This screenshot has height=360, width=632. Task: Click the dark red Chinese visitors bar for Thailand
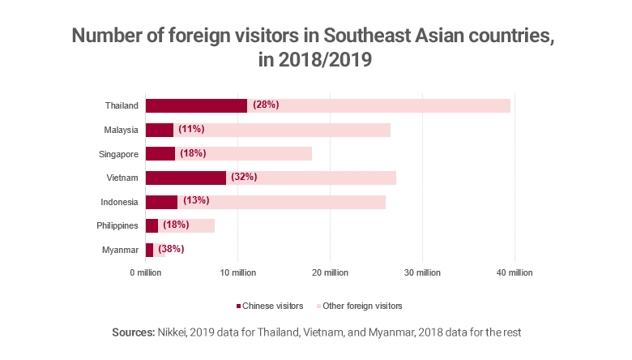(x=196, y=105)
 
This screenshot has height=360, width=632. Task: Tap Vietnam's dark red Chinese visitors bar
(x=186, y=178)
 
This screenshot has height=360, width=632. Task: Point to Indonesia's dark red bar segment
(x=161, y=202)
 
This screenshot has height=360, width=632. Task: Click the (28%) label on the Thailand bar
(x=266, y=105)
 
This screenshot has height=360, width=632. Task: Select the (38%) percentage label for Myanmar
(x=171, y=250)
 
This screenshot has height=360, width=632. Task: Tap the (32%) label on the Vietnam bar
(x=244, y=178)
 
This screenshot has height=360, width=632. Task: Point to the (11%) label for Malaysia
(x=192, y=130)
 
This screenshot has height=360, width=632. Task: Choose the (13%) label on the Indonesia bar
(x=196, y=202)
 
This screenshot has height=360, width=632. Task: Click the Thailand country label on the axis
(x=122, y=105)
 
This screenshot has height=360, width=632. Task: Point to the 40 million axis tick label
(x=513, y=272)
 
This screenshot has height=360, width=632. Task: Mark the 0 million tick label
(x=146, y=272)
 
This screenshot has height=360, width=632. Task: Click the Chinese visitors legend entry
(x=269, y=306)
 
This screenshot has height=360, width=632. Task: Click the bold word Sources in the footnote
(x=135, y=333)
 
